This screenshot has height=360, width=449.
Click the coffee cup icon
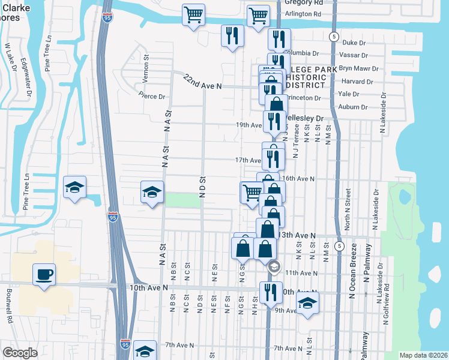(44, 275)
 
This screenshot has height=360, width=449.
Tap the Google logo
(20, 353)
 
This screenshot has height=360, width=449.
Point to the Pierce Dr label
(151, 96)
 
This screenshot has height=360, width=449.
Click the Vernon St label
(146, 63)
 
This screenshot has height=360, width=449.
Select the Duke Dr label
(354, 43)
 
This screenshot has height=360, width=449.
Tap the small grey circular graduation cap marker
(274, 266)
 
